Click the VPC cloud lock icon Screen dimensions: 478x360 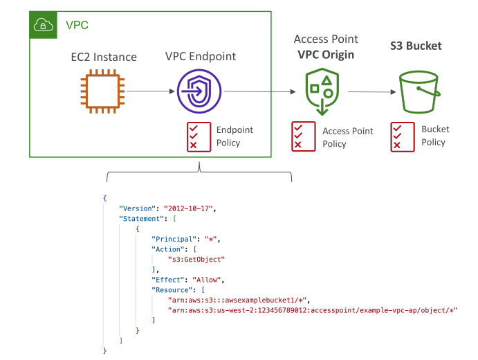tap(44, 25)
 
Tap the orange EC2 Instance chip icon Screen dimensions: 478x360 tap(102, 91)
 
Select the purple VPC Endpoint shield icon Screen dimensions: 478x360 tap(199, 91)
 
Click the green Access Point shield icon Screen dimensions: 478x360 tap(322, 91)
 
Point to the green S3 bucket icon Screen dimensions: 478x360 tap(419, 92)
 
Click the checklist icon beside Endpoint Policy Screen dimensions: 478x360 tap(199, 137)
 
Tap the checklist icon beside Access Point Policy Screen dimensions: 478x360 tap(303, 136)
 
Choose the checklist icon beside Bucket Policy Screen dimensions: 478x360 tap(403, 137)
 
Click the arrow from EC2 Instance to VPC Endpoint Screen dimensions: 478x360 tap(151, 91)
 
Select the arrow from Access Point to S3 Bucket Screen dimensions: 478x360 tap(372, 91)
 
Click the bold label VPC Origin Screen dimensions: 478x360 tap(326, 55)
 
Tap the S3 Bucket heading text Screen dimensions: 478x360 tap(416, 46)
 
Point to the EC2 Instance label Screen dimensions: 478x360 tap(104, 57)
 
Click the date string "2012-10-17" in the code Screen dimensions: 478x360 tap(188, 208)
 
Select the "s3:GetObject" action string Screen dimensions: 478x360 tap(196, 260)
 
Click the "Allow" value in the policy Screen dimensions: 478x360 tap(206, 280)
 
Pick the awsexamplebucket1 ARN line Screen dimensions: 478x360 tap(237, 300)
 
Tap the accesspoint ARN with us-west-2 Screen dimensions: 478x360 tap(313, 310)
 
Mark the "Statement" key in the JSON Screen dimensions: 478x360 tap(141, 219)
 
